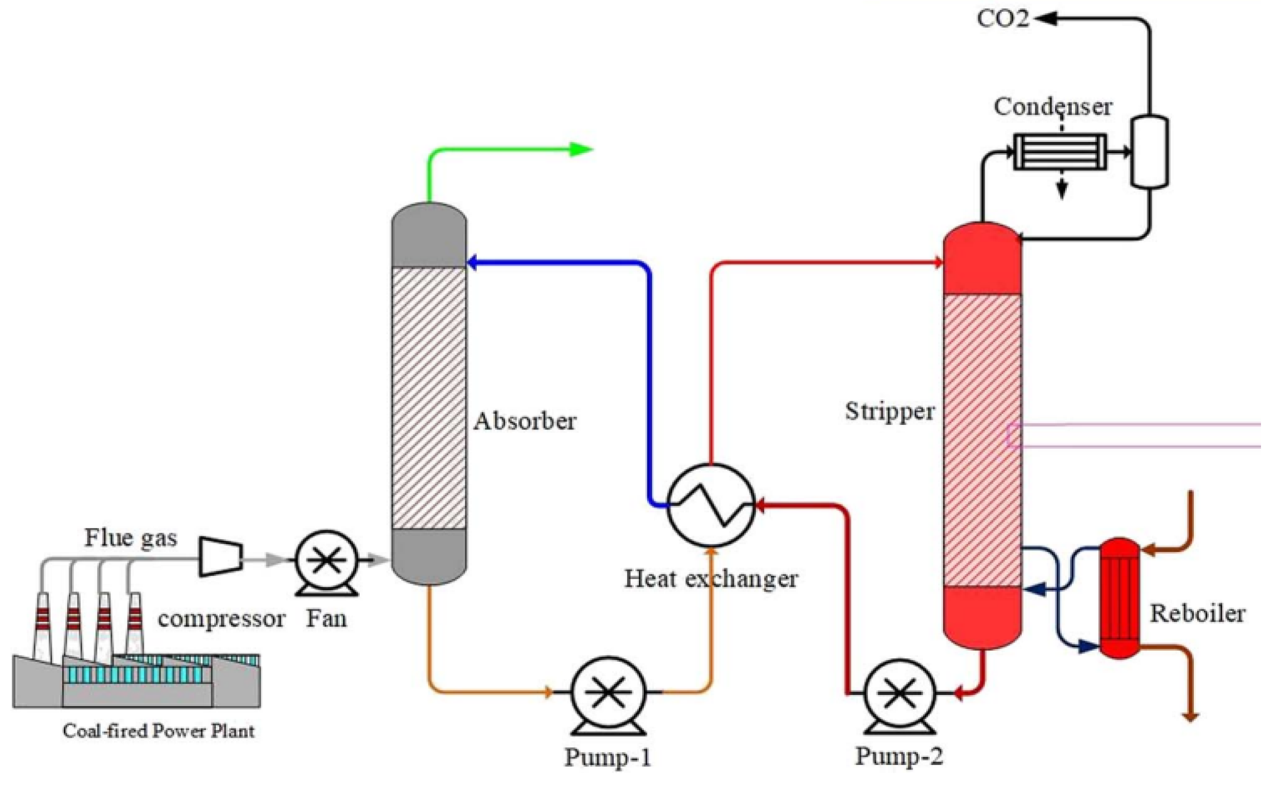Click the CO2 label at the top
[x=1002, y=19]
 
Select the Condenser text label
[x=1052, y=107]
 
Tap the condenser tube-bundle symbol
[x=1060, y=151]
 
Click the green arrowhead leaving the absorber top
[x=581, y=149]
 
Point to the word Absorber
[x=524, y=421]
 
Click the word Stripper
[x=889, y=412]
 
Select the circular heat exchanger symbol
[x=710, y=505]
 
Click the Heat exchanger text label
[x=711, y=579]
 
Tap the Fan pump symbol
[x=326, y=561]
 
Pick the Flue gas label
[x=130, y=538]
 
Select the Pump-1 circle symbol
[x=608, y=692]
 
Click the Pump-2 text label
[x=899, y=756]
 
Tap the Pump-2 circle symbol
[x=900, y=693]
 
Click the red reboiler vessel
[x=1119, y=598]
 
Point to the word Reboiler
[x=1197, y=613]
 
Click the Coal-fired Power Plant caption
[x=158, y=731]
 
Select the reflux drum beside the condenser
[x=1149, y=151]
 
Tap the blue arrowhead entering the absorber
[x=473, y=262]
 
